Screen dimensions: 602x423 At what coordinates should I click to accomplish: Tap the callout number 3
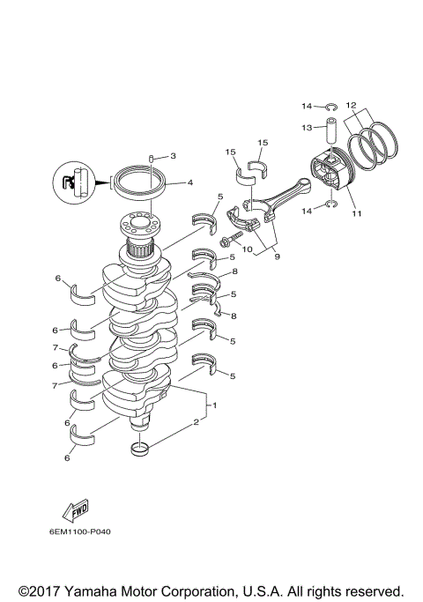(173, 156)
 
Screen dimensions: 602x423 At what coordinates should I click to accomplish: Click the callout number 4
(190, 183)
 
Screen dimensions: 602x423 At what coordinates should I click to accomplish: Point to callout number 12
(351, 105)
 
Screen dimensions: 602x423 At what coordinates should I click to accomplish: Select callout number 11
(357, 213)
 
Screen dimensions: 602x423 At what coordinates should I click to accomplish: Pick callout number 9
(277, 256)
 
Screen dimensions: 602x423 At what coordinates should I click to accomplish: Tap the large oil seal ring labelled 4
(137, 183)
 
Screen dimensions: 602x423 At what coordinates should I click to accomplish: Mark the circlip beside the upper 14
(330, 107)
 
